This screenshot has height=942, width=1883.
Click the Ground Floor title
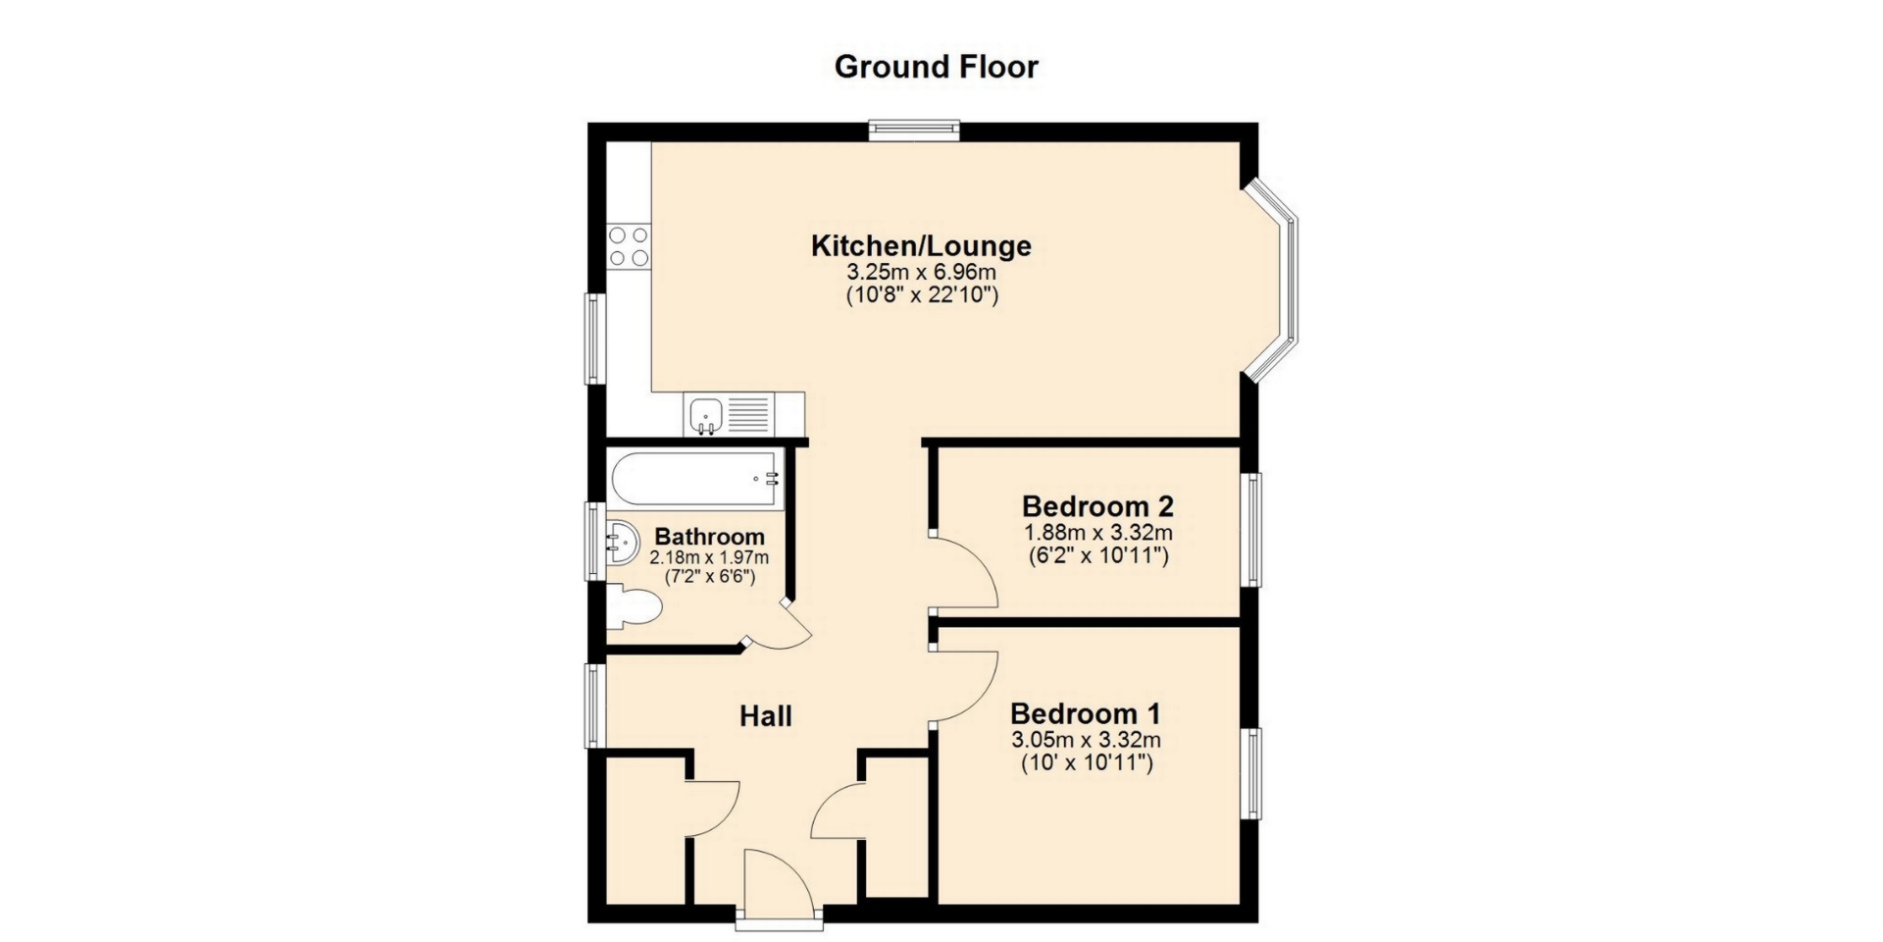coord(936,67)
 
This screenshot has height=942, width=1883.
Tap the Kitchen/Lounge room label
coord(921,245)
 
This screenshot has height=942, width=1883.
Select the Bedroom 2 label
coord(1097,506)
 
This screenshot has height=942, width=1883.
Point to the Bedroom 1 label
coord(1086,712)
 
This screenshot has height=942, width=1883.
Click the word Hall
coord(766,716)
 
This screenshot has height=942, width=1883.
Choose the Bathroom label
coord(709,537)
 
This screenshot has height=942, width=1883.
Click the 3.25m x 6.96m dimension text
coord(921,272)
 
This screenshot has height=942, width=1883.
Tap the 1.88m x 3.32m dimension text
coord(1098,533)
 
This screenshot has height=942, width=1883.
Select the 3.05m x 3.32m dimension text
coord(1086,740)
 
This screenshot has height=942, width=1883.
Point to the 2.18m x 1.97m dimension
coord(709,557)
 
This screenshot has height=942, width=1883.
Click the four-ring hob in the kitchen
coord(628,246)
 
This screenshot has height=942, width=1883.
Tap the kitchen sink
coord(731,414)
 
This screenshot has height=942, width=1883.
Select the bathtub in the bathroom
coord(696,479)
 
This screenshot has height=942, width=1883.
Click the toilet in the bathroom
coord(633,607)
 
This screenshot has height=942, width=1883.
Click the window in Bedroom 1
coord(1251,773)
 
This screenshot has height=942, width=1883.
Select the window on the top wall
coord(914,131)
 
